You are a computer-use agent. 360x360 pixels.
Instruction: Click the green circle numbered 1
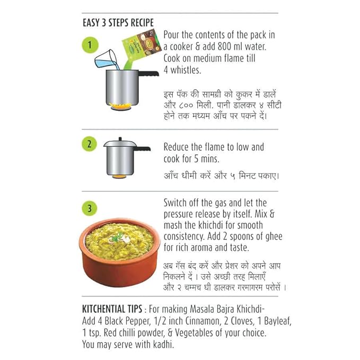click(x=90, y=45)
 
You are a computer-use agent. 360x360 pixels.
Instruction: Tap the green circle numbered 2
click(x=89, y=144)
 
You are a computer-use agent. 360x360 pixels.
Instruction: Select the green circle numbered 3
click(x=89, y=208)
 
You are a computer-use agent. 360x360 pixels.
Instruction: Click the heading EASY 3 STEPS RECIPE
click(x=118, y=23)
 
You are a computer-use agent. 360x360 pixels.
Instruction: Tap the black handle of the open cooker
click(x=148, y=74)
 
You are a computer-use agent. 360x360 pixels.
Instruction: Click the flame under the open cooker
click(x=120, y=107)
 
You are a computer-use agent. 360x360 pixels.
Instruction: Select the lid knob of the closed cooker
click(x=120, y=139)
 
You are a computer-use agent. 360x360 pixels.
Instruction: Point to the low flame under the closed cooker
click(x=119, y=177)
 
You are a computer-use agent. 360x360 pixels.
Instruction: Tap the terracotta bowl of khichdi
click(x=119, y=252)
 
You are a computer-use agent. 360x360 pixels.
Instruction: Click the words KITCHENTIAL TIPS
click(x=112, y=309)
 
